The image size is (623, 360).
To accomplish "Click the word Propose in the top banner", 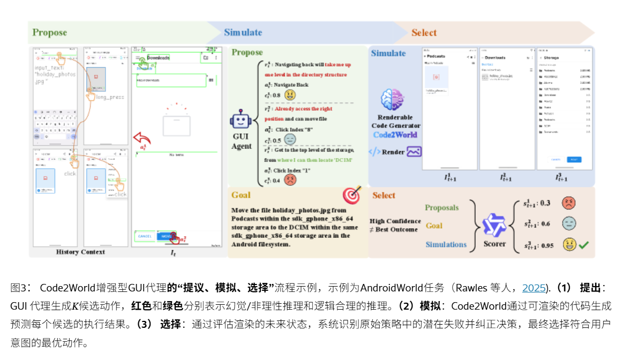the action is point(49,32).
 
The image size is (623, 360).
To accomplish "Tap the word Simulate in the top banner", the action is point(243,32).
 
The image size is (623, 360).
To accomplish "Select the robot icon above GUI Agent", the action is point(241,121).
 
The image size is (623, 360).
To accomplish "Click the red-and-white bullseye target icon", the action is point(352,196).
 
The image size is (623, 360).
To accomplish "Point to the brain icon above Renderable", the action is point(395,100).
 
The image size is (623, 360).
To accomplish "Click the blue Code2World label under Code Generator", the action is point(395,135).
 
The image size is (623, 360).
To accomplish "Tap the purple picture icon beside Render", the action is point(414,152).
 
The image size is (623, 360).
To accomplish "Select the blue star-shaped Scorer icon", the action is point(494,224).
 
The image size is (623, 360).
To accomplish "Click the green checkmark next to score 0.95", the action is point(583,245).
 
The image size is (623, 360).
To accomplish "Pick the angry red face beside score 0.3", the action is point(569,203).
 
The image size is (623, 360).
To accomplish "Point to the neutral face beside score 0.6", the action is point(569,224).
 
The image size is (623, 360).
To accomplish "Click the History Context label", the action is point(80,252).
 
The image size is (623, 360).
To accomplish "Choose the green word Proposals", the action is point(441,207).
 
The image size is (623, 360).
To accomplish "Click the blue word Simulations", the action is point(446,244).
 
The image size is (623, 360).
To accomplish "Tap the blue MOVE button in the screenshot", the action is point(167,236).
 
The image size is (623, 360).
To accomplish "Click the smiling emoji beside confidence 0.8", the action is point(290,95).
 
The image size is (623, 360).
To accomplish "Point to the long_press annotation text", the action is point(110,97).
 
